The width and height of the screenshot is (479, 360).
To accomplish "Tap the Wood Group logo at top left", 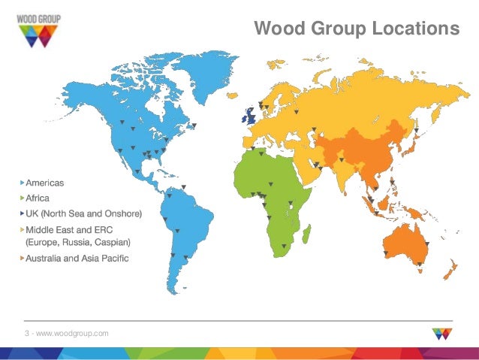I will tap(36, 29).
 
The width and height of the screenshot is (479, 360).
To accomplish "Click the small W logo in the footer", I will tap(442, 333).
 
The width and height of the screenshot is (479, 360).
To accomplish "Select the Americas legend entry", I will tap(45, 183).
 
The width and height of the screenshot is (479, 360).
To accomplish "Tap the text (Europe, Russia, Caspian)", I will tap(78, 242).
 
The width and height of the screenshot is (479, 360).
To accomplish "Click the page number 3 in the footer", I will tap(26, 332).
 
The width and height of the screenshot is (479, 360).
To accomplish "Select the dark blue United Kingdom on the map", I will tap(249, 116).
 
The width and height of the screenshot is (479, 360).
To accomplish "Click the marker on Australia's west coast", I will tap(386, 254).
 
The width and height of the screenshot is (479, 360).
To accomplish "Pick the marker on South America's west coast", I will tap(172, 256).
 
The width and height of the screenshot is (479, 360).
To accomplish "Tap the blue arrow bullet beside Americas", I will tap(21, 183).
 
